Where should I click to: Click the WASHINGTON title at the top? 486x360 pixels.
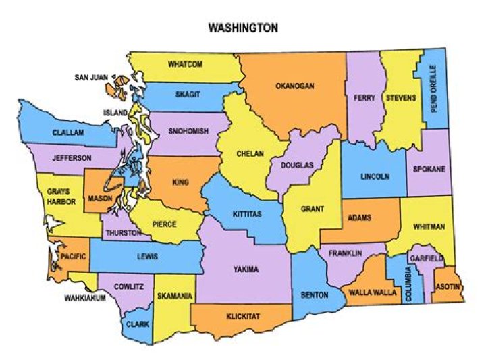tap(243, 28)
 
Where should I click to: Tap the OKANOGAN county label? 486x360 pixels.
tap(295, 86)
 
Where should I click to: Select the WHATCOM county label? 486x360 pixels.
tap(185, 64)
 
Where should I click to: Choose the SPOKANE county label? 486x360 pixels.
tap(429, 169)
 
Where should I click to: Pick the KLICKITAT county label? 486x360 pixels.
tap(244, 315)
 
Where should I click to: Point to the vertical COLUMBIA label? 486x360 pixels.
tap(408, 284)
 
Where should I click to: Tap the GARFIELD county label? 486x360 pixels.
tap(427, 259)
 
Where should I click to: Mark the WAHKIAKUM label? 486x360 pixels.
tap(85, 297)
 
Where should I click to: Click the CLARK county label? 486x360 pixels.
tap(138, 324)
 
